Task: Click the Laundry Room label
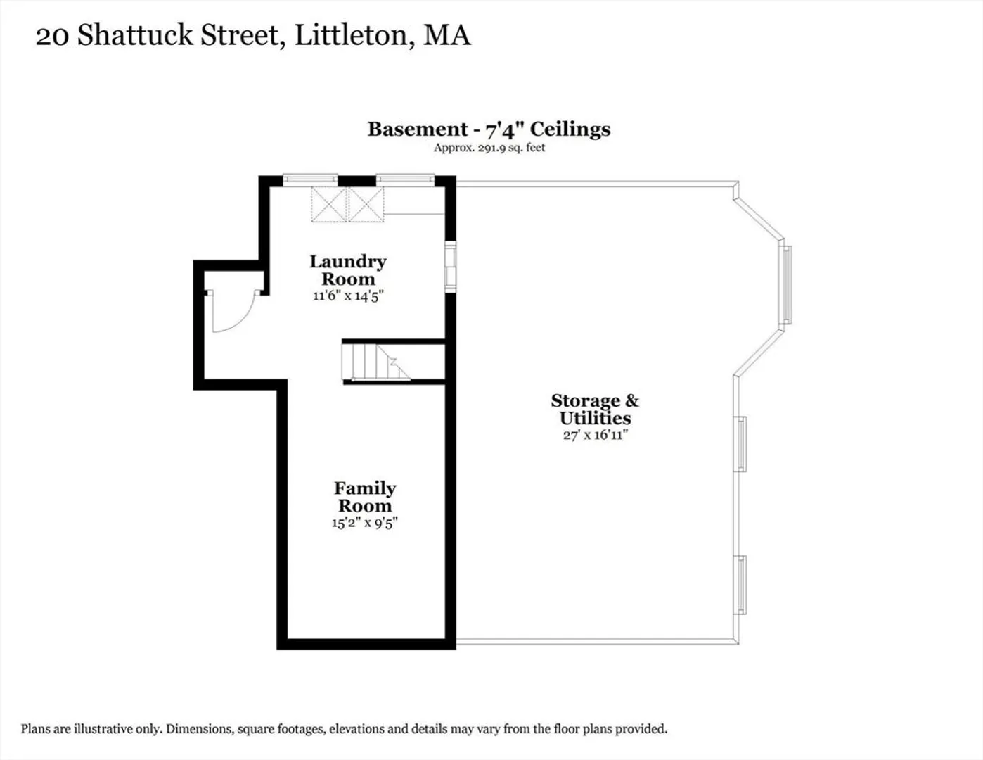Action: tap(348, 270)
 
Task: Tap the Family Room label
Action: tap(365, 497)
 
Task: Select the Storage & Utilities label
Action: tap(595, 409)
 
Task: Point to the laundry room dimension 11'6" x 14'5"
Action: tap(348, 296)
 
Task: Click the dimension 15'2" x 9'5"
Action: tap(365, 523)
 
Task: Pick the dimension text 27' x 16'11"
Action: tap(596, 435)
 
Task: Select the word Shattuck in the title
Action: tap(135, 35)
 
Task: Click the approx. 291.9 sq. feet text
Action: tap(489, 148)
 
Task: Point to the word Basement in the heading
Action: tap(418, 129)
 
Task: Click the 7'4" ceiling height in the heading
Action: tap(504, 129)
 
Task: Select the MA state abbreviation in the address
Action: tap(447, 35)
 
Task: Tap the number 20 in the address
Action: tap(53, 36)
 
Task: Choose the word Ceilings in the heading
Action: tap(570, 129)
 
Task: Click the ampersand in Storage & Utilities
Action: tap(632, 400)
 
